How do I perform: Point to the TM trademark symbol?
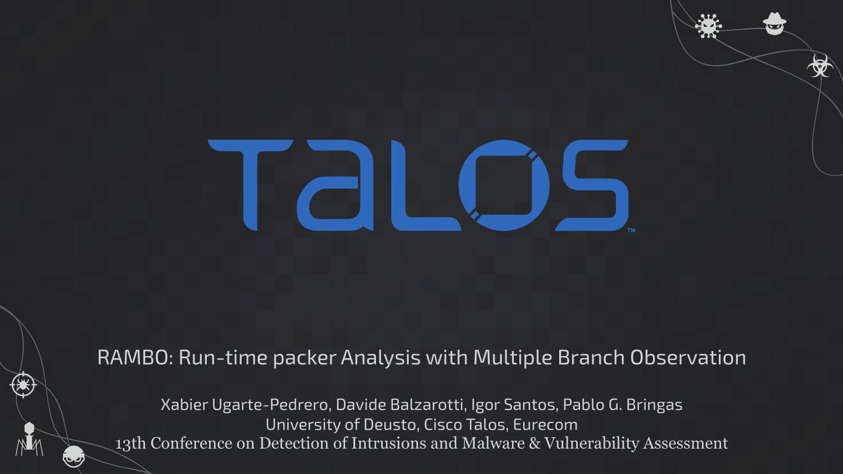coord(632,230)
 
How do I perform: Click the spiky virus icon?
coord(708,26)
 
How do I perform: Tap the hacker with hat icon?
coord(774,24)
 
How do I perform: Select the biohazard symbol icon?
coord(818,66)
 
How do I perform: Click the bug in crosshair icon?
coord(24,385)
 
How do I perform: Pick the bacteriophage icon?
coord(29,439)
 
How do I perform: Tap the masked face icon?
coord(74,457)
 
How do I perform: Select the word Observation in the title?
coord(688,357)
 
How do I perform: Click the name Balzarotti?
coord(427,405)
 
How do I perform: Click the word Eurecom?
coord(545,425)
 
